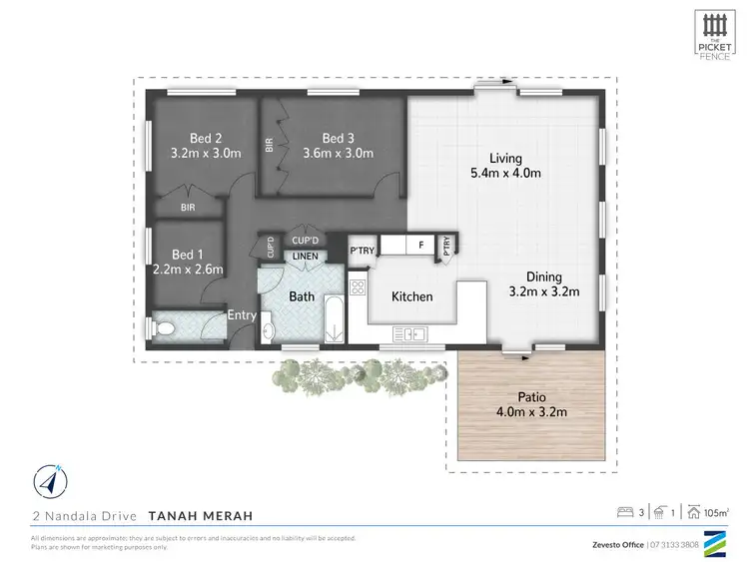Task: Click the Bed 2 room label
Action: click(205, 138)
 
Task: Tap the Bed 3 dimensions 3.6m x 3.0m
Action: click(338, 154)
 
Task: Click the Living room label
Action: click(505, 158)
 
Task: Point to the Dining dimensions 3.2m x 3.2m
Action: click(545, 291)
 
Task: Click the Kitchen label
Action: click(411, 296)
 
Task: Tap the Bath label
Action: click(302, 296)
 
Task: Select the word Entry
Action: click(242, 315)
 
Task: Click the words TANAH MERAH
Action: click(200, 516)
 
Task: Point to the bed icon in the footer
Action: click(626, 513)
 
